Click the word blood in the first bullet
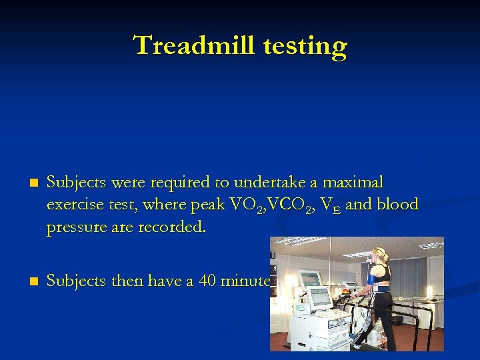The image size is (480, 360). point(397,205)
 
